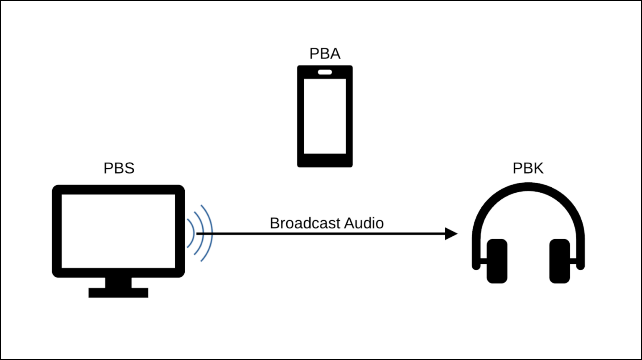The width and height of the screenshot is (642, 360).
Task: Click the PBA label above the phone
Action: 325,54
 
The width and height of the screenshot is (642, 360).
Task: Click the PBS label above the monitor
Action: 119,168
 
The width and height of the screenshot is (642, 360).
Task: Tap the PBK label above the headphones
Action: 528,168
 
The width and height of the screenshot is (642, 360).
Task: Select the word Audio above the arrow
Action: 364,223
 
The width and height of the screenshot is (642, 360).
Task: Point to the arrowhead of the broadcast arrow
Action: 451,234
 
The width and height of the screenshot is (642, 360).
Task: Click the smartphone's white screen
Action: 325,116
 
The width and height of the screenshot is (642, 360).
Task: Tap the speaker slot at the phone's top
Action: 325,72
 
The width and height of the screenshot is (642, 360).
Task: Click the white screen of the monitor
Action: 118,231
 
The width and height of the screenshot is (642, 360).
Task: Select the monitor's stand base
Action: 118,293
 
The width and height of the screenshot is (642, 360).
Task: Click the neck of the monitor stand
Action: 118,282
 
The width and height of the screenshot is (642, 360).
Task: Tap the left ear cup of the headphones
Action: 497,261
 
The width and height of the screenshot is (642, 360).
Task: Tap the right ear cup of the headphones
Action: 560,261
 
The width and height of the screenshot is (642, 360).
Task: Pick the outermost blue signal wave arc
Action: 211,233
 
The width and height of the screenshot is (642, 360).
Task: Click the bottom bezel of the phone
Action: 325,161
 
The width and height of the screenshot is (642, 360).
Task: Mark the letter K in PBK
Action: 538,168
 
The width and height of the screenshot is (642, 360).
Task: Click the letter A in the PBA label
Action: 335,54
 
